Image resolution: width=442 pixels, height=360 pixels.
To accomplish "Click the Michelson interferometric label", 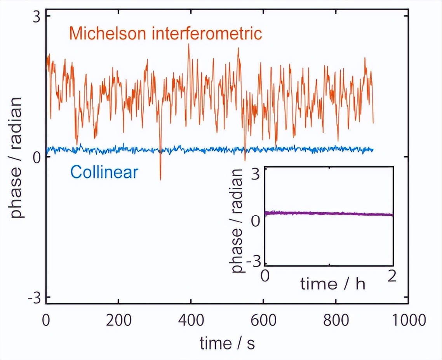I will pos(165,33).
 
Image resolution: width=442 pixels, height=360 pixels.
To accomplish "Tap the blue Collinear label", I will pos(104,172).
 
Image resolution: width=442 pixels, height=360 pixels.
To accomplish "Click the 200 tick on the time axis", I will pos(118,321).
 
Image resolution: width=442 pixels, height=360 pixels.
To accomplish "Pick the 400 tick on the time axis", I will pos(191,321).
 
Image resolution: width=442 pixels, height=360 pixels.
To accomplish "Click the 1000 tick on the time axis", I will pos(408,321).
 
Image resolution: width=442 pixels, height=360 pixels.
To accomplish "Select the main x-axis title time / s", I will pos(228,343).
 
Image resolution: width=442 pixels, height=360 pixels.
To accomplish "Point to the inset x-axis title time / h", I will pos(332,284).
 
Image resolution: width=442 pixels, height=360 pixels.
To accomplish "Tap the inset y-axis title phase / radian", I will pos(237,220).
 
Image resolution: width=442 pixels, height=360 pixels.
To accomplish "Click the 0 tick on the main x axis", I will pos(46,321).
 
